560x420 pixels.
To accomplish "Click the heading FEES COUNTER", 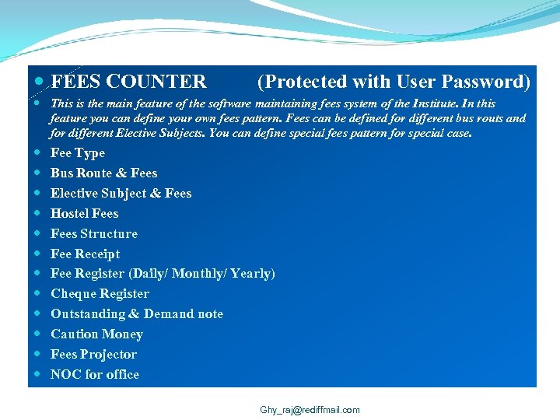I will point(128,82).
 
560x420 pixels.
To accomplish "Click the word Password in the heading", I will point(485,82).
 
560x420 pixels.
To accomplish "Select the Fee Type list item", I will point(78,153).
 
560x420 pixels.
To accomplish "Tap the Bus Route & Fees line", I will point(103,173).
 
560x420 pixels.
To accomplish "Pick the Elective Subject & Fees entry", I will point(121,194).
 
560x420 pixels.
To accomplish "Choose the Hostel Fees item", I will point(85,213).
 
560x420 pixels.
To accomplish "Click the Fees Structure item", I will point(94,233).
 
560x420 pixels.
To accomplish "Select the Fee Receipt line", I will point(86,254).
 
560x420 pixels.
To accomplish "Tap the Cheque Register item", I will point(100,294).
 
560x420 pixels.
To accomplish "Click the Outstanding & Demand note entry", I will point(137,314).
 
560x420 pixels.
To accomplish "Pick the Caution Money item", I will point(96,334).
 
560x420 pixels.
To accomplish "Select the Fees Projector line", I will point(93,355).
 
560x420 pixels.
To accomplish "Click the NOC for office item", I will point(95,375).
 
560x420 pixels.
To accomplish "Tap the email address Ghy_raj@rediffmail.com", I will point(310,410).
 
